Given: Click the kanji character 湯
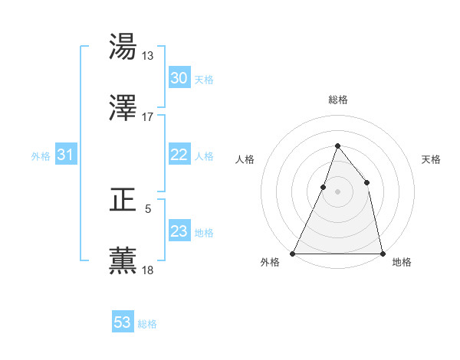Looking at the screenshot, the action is pos(123,47).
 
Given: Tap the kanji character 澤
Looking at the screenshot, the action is pos(123,109).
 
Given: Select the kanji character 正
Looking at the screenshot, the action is pos(123,200).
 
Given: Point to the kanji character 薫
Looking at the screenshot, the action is pos(123,261).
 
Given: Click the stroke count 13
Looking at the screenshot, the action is pos(148,55).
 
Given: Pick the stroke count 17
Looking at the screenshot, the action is pos(148,117).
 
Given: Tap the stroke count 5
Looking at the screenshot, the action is pos(148,208).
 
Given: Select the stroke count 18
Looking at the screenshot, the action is pos(148,270).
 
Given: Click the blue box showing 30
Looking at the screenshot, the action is pos(179,78).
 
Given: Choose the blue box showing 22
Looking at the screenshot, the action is pos(179,155).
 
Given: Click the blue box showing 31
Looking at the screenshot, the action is pos(66,155).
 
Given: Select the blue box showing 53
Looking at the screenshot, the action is pos(123,322).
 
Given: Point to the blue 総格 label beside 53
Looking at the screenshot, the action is pos(148,324).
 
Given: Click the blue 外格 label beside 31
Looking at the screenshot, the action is pos(41,156).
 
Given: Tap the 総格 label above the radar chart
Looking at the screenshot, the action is pos(337,100).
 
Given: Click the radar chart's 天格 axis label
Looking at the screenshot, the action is pos(432,159).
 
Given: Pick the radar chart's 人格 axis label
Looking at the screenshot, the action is pos(245,159).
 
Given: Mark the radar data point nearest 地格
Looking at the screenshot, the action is pos(382,253).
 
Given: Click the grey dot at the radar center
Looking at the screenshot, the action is pos(337,191).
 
